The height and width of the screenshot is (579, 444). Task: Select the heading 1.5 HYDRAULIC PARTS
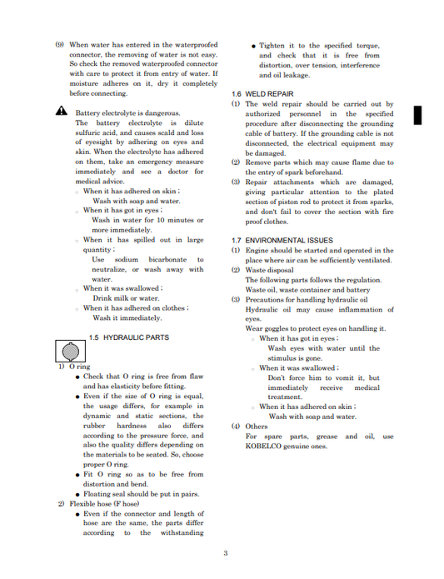(128, 337)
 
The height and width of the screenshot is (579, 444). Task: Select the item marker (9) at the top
(60, 45)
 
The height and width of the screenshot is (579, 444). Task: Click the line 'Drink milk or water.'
(126, 297)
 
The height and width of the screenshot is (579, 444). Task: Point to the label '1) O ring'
(73, 367)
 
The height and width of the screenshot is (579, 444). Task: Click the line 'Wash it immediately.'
(127, 317)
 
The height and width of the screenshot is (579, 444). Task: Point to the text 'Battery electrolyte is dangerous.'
(127, 112)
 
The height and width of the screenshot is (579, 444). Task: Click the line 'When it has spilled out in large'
(142, 240)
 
